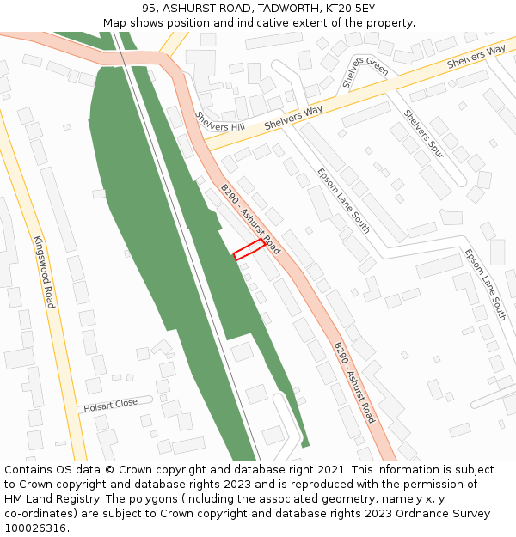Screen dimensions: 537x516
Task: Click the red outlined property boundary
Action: pyautogui.click(x=249, y=249)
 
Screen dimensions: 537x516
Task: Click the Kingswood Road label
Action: pyautogui.click(x=44, y=272)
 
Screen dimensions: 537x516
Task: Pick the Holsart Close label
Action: pyautogui.click(x=110, y=404)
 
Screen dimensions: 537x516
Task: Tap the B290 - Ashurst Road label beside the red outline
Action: pyautogui.click(x=250, y=219)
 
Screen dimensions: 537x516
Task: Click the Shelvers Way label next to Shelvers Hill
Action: pyautogui.click(x=293, y=118)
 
